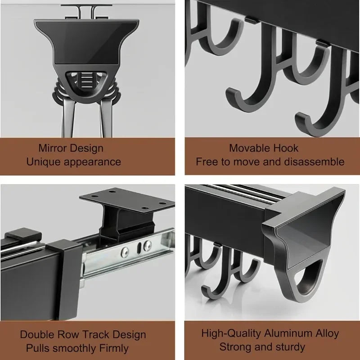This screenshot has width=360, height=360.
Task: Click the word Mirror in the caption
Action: pyautogui.click(x=54, y=148)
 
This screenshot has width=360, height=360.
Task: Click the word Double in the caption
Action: pyautogui.click(x=38, y=335)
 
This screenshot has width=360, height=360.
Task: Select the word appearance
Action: pyautogui.click(x=94, y=161)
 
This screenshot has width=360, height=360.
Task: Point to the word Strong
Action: pyautogui.click(x=235, y=346)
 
